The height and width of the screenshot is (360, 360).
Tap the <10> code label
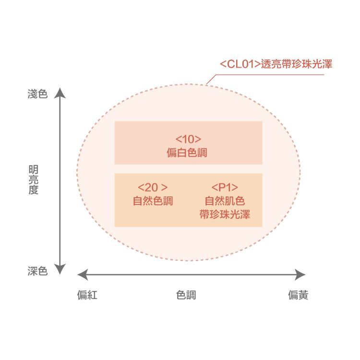click(188, 140)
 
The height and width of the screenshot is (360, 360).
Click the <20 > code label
click(153, 187)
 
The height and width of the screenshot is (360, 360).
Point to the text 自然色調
click(153, 201)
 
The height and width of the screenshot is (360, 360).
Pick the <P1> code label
click(225, 187)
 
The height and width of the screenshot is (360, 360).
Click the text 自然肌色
click(225, 201)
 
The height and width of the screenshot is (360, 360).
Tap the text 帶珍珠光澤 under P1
click(225, 214)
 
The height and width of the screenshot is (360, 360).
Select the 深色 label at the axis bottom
click(37, 271)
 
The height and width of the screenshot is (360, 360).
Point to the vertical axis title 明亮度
click(34, 180)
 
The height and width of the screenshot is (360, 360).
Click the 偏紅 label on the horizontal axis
click(87, 295)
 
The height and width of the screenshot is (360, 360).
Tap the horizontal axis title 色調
click(186, 295)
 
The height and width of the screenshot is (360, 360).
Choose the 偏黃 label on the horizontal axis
click(298, 295)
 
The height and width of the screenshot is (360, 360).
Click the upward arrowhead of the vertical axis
click(59, 92)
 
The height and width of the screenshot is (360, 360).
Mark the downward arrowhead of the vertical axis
click(59, 270)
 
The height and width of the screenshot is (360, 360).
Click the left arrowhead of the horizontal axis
click(82, 274)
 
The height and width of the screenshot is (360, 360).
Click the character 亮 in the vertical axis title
click(34, 180)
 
